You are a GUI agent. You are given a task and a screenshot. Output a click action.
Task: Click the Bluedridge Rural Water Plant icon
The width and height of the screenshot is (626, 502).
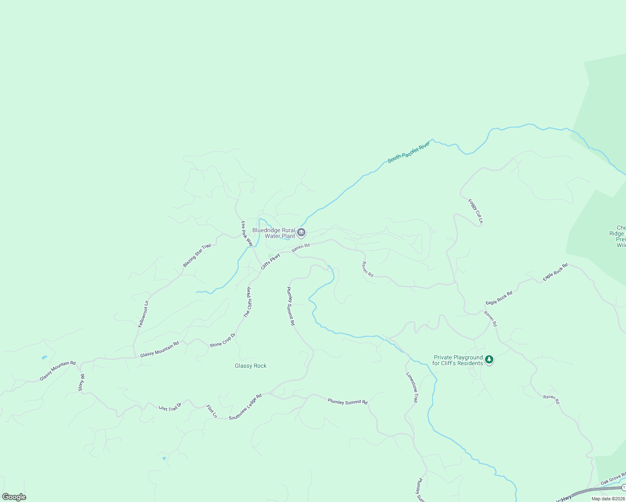point(301,233)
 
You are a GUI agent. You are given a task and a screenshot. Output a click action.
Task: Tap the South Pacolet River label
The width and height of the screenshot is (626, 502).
point(409,152)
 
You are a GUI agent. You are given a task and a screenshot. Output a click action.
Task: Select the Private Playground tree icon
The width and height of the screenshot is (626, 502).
point(489,360)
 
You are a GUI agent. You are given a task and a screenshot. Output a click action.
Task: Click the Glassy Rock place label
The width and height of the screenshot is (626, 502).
point(251,366)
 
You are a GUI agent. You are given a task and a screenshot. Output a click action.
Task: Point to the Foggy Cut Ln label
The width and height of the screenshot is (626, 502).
point(476,211)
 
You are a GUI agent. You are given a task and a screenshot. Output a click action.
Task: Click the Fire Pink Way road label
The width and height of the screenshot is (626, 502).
point(247,233)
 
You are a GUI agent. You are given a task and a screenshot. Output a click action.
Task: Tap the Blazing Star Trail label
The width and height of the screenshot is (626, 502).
point(197,256)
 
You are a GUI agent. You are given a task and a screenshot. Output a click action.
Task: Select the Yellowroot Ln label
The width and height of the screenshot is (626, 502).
point(144,314)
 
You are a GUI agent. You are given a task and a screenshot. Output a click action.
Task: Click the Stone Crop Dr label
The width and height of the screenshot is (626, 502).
point(223,340)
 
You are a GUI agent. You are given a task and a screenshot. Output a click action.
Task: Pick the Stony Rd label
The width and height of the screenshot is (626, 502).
point(82,383)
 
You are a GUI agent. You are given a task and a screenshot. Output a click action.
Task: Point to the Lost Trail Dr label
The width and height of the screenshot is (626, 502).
point(170,407)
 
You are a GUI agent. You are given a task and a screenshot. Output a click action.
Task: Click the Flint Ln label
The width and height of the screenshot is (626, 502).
point(212,411)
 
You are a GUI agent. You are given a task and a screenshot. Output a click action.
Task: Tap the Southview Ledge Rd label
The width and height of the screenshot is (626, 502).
point(245,407)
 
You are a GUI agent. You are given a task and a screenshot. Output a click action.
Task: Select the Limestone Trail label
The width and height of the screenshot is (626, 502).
point(412,387)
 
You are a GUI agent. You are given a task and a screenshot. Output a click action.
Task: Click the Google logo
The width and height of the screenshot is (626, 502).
point(14,497)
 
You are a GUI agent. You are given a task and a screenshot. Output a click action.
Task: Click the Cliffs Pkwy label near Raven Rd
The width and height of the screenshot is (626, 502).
point(270,262)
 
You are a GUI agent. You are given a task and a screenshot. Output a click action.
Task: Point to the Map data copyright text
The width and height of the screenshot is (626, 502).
point(608,499)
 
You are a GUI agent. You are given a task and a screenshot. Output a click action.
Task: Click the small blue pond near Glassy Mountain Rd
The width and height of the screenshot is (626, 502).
point(44,358)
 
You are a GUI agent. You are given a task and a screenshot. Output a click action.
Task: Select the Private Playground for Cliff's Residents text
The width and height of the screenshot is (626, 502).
point(458,360)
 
